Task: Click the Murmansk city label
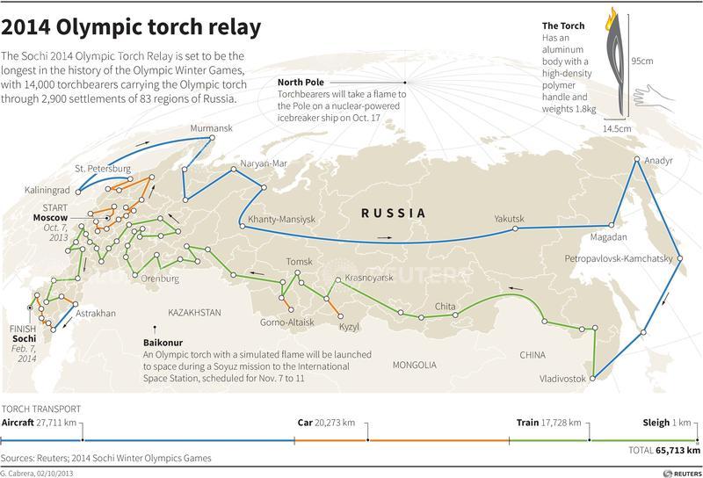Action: tap(213, 128)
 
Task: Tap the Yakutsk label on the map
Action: tap(509, 219)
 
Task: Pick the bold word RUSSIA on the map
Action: tap(394, 213)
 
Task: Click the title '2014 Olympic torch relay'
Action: tap(131, 27)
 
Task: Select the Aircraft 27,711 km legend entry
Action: tap(40, 423)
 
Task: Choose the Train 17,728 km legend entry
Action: tap(550, 423)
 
